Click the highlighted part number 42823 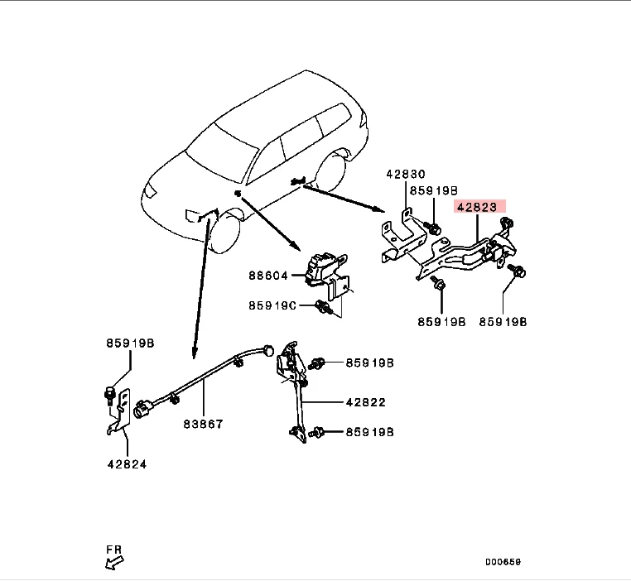point(478,208)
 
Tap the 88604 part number point(269,275)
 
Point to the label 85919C point(272,305)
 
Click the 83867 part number point(204,424)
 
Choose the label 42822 point(365,403)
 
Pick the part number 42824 point(127,464)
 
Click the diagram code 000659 point(503,562)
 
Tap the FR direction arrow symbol point(113,564)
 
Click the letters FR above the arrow point(113,549)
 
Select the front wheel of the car point(224,232)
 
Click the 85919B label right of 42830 point(436,190)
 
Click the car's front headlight point(151,191)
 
